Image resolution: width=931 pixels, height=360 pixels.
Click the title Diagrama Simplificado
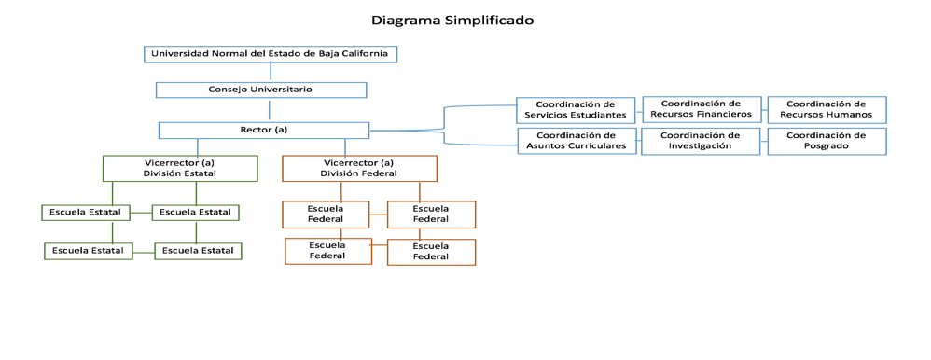tap(452, 21)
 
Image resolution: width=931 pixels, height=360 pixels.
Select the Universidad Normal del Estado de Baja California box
tap(271, 54)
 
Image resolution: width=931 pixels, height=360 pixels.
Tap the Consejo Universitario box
tap(261, 90)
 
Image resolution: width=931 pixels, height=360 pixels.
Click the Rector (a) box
tap(264, 130)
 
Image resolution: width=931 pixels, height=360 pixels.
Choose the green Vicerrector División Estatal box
tap(180, 168)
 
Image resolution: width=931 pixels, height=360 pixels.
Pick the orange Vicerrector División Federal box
tap(359, 168)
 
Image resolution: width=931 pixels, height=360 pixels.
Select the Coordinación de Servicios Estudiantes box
tap(576, 110)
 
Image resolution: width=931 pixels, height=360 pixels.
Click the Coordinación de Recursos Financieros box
tap(702, 109)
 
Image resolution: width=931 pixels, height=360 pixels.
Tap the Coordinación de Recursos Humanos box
tap(827, 109)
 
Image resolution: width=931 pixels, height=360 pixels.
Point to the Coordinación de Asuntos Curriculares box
tap(577, 142)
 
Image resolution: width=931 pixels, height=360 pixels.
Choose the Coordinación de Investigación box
tap(701, 142)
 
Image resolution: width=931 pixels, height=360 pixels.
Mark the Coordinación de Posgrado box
tap(827, 142)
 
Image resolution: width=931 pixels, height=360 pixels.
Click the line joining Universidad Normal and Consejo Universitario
tap(271, 71)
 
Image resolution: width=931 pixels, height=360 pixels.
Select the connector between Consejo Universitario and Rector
tap(270, 110)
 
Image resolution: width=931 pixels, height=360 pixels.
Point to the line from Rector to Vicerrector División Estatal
tap(198, 147)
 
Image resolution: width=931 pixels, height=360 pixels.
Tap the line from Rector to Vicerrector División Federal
tap(345, 147)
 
